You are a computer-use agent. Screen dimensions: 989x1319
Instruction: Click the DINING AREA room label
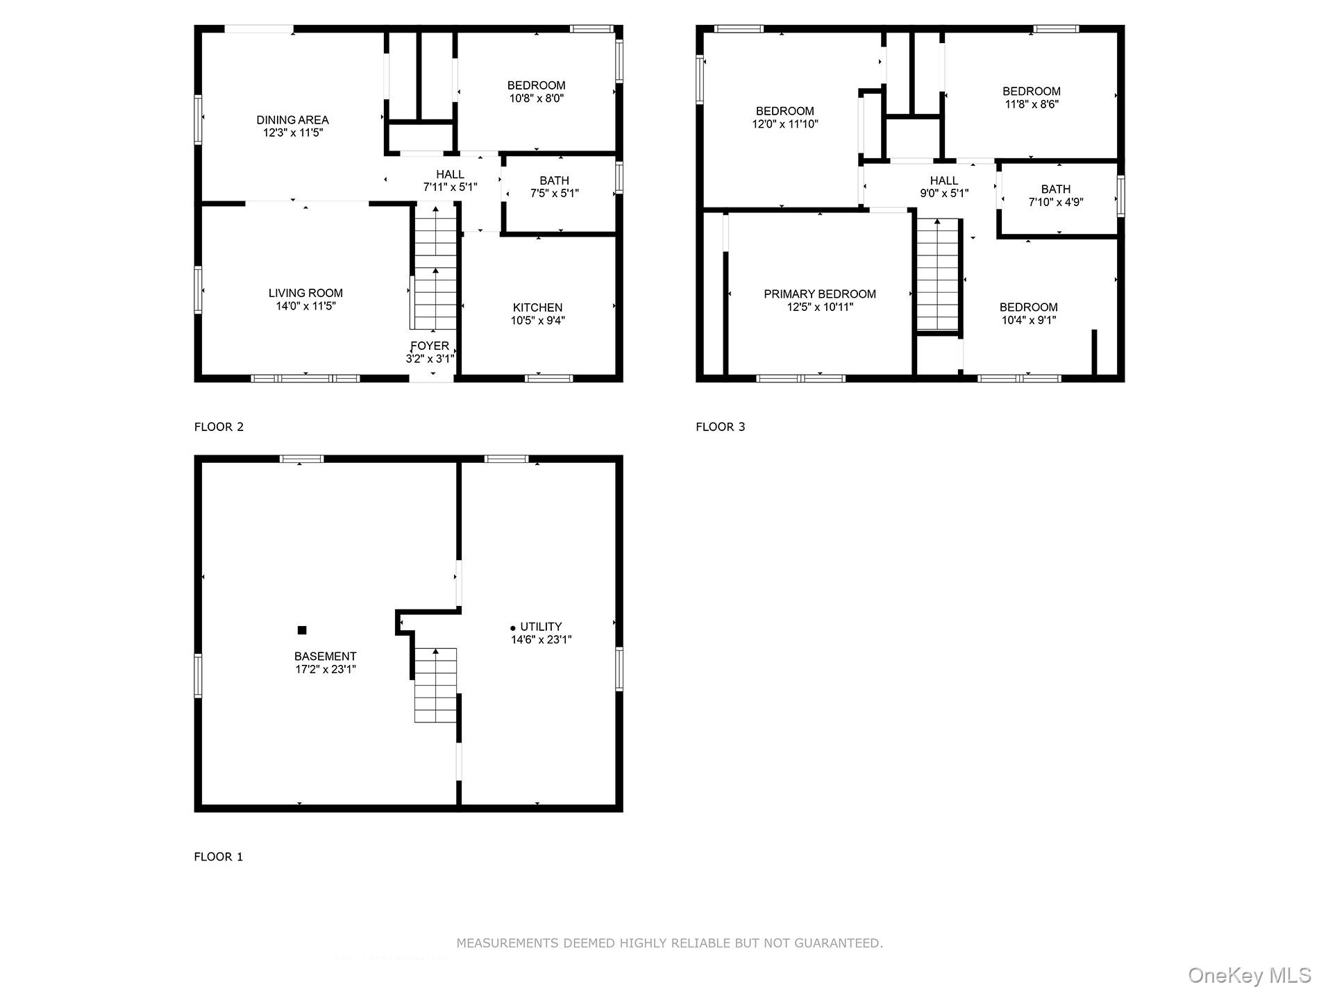click(x=292, y=120)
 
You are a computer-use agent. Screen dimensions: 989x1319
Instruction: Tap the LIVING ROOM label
click(x=305, y=293)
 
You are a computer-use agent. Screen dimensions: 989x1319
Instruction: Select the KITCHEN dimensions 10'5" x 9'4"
click(x=537, y=321)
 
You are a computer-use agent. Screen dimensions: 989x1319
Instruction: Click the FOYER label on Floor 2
click(x=430, y=346)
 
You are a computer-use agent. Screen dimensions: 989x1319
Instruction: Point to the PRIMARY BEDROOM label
click(x=819, y=294)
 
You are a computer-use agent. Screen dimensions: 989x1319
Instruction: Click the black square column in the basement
click(x=302, y=630)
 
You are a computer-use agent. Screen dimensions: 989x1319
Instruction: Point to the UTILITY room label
click(x=541, y=627)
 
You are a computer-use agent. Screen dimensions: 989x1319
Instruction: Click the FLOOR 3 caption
click(x=720, y=427)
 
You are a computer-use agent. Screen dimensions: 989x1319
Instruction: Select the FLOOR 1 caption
click(x=218, y=856)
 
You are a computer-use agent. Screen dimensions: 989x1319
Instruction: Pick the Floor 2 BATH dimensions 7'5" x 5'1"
click(x=554, y=194)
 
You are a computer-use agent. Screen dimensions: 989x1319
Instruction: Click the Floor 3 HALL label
click(x=943, y=180)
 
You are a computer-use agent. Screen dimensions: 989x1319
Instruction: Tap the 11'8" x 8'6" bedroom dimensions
click(x=1031, y=105)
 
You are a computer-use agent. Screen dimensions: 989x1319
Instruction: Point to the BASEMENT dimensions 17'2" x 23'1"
click(x=325, y=670)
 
